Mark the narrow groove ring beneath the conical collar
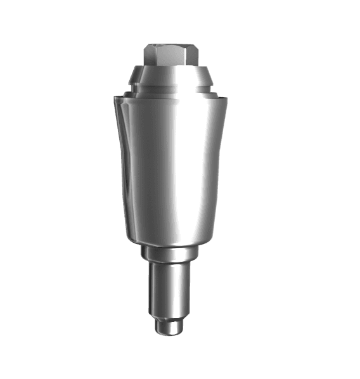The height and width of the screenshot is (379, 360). [172, 89]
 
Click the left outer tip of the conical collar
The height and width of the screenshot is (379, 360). [131, 81]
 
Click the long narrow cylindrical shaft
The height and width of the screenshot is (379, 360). [169, 288]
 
